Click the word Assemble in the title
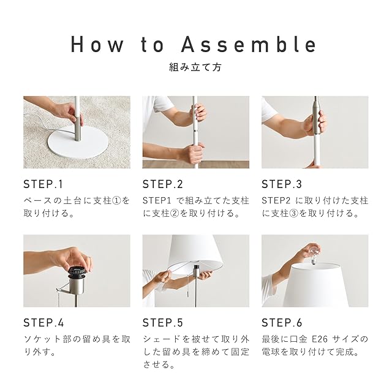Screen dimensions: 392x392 (249, 45)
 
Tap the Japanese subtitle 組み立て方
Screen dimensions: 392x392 (195, 67)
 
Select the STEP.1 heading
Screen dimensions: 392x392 (43, 184)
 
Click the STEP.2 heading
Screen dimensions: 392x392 (163, 184)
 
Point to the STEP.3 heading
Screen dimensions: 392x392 (282, 184)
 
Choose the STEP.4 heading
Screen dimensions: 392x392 (43, 323)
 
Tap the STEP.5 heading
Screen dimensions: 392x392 (163, 323)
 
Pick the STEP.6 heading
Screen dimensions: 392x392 (282, 323)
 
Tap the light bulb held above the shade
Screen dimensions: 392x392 (312, 255)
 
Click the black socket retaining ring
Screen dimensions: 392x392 (78, 272)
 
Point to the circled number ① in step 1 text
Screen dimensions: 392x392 (117, 201)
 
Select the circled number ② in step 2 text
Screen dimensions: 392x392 (175, 214)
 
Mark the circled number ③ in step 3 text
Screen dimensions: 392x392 (294, 214)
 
